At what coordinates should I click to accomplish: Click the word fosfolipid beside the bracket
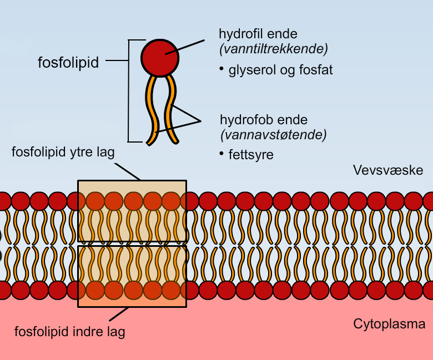(x=68, y=63)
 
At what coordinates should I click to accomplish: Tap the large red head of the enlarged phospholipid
(x=160, y=57)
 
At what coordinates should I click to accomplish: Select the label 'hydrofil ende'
(x=258, y=34)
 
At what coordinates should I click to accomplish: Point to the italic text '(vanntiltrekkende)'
(x=274, y=49)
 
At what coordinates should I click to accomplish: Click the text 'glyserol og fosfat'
(x=280, y=70)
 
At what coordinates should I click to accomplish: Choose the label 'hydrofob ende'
(x=264, y=120)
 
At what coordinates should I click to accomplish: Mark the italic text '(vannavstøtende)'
(x=273, y=134)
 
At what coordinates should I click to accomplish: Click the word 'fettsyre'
(x=251, y=155)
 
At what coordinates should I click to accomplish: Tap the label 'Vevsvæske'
(x=388, y=170)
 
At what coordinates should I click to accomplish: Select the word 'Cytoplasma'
(x=389, y=324)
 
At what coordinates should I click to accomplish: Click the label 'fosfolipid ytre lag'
(x=63, y=152)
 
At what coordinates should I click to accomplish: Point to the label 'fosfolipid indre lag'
(x=69, y=332)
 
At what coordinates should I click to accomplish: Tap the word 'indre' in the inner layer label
(x=90, y=332)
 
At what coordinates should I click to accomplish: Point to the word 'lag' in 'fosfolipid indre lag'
(x=115, y=333)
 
